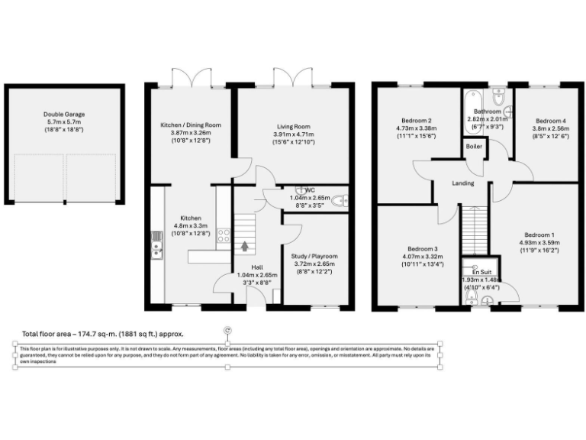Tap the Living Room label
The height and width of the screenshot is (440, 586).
pyautogui.click(x=293, y=127)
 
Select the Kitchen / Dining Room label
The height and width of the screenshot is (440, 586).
pyautogui.click(x=190, y=125)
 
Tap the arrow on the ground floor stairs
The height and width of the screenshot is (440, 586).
pyautogui.click(x=244, y=246)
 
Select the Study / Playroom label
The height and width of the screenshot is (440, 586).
pyautogui.click(x=314, y=256)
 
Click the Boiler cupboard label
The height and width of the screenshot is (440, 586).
pyautogui.click(x=474, y=147)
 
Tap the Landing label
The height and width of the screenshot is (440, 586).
pyautogui.click(x=462, y=183)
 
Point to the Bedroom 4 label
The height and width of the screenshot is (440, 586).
pyautogui.click(x=550, y=121)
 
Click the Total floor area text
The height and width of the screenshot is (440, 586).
pyautogui.click(x=102, y=334)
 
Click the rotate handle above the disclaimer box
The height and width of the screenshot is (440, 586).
pyautogui.click(x=227, y=330)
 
